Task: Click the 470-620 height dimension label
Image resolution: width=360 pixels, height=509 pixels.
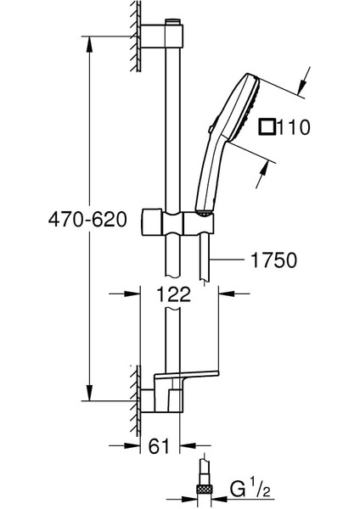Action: pyautogui.click(x=87, y=220)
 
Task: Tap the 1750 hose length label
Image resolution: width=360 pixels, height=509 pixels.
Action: pyautogui.click(x=274, y=260)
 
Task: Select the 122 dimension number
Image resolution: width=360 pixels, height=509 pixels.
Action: pyautogui.click(x=173, y=294)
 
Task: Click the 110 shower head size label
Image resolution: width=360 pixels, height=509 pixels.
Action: pyautogui.click(x=294, y=127)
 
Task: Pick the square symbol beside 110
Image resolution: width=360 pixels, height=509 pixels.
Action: pyautogui.click(x=267, y=127)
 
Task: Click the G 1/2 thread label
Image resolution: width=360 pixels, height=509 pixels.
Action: pyautogui.click(x=250, y=489)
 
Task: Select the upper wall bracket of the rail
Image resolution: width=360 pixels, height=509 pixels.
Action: pyautogui.click(x=161, y=36)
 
